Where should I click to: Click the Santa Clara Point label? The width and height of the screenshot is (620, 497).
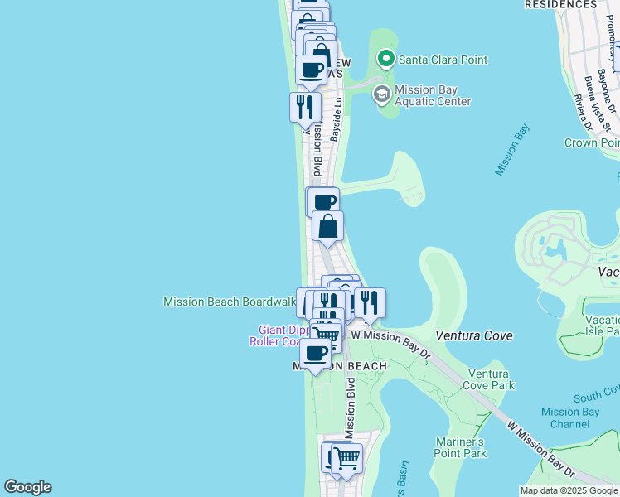point(443,60)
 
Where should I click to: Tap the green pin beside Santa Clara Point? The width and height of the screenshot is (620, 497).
point(385,59)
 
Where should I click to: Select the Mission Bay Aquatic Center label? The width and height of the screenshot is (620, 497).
point(433,95)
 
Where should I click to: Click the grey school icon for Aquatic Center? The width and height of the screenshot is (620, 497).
point(381,93)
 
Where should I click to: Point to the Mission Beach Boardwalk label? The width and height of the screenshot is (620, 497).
point(230,302)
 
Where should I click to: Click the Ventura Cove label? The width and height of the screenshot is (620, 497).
point(474,336)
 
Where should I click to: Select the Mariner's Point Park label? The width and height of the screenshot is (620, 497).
point(459,447)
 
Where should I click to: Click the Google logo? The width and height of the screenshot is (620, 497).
point(27,487)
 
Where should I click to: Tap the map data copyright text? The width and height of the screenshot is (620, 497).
point(569,490)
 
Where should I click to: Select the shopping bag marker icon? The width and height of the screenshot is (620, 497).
point(327,226)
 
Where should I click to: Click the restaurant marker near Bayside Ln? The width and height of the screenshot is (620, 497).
point(305,107)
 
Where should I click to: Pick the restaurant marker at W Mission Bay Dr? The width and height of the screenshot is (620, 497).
point(370,303)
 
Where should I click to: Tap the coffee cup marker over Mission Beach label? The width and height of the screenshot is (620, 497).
point(315,353)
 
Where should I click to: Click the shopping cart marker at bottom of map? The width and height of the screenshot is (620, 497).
point(346,456)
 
